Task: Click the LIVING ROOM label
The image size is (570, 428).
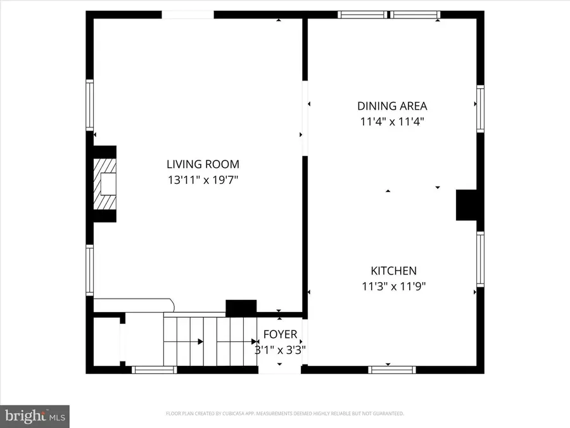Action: click(x=203, y=164)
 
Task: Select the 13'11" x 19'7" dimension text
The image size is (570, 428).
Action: click(x=203, y=179)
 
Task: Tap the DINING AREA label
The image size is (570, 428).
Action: click(x=392, y=106)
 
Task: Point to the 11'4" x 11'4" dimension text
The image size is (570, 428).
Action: click(x=392, y=121)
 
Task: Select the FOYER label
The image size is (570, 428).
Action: click(x=280, y=334)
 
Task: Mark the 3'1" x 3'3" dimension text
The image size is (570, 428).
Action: click(x=280, y=349)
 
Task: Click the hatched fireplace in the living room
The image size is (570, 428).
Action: click(x=105, y=184)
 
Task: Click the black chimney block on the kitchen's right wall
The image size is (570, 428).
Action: click(x=466, y=205)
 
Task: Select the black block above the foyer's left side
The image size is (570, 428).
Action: click(x=241, y=308)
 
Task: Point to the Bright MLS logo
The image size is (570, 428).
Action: click(x=35, y=416)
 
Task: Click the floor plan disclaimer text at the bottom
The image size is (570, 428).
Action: click(x=285, y=413)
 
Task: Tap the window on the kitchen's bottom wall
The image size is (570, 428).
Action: click(x=392, y=369)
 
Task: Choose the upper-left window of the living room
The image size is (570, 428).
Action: click(x=90, y=105)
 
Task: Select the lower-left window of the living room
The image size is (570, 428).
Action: click(x=90, y=271)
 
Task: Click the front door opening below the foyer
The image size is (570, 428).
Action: click(x=280, y=369)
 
